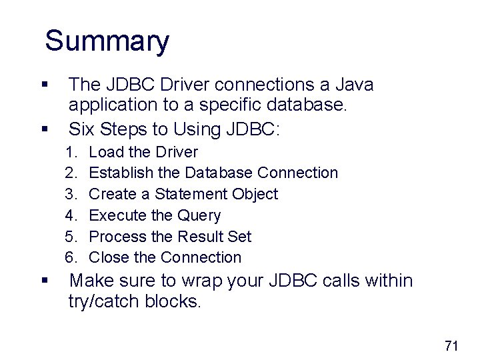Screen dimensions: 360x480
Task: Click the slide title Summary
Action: (x=107, y=41)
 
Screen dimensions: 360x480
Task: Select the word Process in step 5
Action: (x=117, y=237)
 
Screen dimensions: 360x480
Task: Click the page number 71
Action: (x=451, y=345)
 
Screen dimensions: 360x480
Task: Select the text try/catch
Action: (x=109, y=302)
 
